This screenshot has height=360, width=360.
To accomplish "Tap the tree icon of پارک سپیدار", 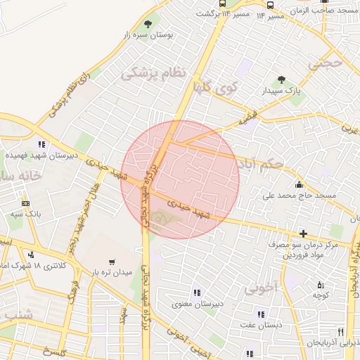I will (282, 79).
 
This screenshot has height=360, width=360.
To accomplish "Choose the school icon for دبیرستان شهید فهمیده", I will (41, 144).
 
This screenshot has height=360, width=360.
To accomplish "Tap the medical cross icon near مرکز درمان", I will (303, 233).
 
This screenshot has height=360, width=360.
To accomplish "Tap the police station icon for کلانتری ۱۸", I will (30, 255).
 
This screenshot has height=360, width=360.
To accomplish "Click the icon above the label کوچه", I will (320, 285).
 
